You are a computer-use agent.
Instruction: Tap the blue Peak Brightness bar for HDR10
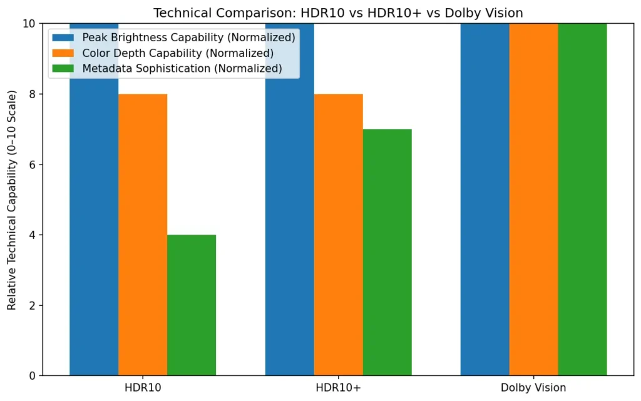94,219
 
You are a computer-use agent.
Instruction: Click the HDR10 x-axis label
143,388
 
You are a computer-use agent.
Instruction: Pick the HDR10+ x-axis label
338,388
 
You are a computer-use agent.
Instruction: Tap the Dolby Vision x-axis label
533,388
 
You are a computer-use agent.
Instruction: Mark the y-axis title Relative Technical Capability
12,200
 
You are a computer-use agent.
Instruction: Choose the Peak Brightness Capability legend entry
188,38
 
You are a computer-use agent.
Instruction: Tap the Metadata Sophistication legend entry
182,68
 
